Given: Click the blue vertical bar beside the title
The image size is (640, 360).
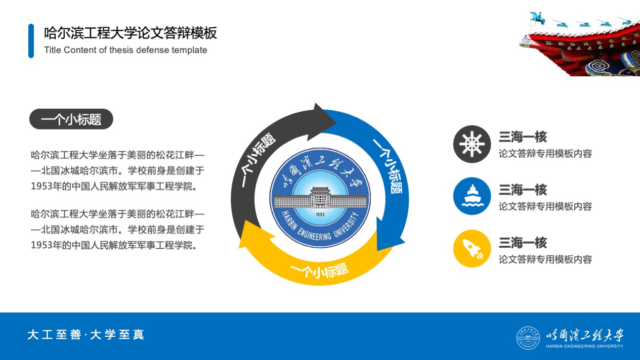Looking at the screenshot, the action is point(31,41).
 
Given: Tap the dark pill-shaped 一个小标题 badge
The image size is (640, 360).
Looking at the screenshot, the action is point(71,119).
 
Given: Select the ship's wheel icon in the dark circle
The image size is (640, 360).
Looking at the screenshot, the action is point(472,144).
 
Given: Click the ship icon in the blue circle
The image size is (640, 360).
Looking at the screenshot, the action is point(472,196).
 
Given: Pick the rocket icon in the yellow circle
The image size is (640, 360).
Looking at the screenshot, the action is point(473,249).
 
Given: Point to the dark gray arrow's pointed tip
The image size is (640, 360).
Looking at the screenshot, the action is point(336,123).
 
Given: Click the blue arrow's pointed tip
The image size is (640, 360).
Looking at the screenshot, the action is point(378,250).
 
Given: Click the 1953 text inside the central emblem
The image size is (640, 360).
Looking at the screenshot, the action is point(320,214).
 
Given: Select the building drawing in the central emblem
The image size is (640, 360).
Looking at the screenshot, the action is point(320,198).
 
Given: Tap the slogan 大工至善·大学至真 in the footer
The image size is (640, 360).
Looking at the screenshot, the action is point(86,335).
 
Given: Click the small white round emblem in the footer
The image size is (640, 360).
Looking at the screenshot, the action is point(528,338).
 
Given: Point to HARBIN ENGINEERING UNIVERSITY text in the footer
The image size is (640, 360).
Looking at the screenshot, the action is point(584,346).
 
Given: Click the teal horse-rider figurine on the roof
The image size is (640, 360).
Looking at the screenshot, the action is point(537,18).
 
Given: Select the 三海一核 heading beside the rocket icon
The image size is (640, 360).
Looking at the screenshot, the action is point(523,243).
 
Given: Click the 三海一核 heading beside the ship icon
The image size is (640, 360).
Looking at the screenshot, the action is point(523,190).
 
